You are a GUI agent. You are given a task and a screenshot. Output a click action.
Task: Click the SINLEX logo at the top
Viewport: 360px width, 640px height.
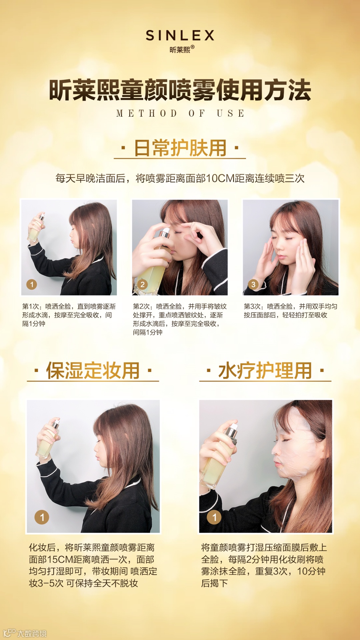point(180,35)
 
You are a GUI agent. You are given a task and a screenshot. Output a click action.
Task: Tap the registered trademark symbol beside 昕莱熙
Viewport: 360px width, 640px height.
point(192,47)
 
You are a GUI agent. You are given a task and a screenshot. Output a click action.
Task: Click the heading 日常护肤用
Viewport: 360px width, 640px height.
point(180,148)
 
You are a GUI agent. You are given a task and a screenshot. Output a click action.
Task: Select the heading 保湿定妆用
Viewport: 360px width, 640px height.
point(93,370)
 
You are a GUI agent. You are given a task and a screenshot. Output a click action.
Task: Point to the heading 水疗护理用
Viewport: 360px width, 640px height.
point(265,370)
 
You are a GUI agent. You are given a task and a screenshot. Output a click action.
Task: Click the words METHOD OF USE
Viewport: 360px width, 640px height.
point(180,113)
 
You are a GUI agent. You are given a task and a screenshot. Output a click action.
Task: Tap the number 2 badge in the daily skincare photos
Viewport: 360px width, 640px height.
point(142,284)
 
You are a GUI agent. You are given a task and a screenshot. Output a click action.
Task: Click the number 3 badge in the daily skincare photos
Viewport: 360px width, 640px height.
point(253,284)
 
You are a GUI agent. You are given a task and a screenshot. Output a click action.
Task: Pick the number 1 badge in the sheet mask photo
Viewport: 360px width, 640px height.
point(214,517)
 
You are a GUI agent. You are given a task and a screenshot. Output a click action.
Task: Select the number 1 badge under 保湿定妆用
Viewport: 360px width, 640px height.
point(42,517)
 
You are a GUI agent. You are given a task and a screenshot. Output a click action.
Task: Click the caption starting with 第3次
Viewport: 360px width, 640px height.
point(290,311)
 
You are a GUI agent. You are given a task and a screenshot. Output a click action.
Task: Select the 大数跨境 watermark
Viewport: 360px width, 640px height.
point(25,633)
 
